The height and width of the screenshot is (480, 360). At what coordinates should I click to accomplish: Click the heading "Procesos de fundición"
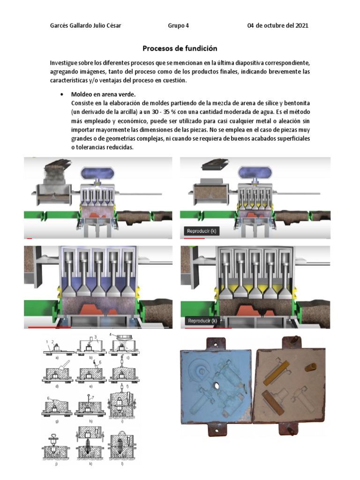[x=180, y=48]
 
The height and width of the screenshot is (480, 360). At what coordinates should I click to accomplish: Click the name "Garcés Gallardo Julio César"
[x=85, y=25]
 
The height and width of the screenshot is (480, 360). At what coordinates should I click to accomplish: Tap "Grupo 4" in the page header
[x=178, y=25]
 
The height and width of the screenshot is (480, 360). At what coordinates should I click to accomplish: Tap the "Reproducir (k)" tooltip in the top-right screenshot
[x=202, y=231]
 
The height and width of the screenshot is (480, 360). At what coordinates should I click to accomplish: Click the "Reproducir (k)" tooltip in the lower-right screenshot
[x=202, y=321]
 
